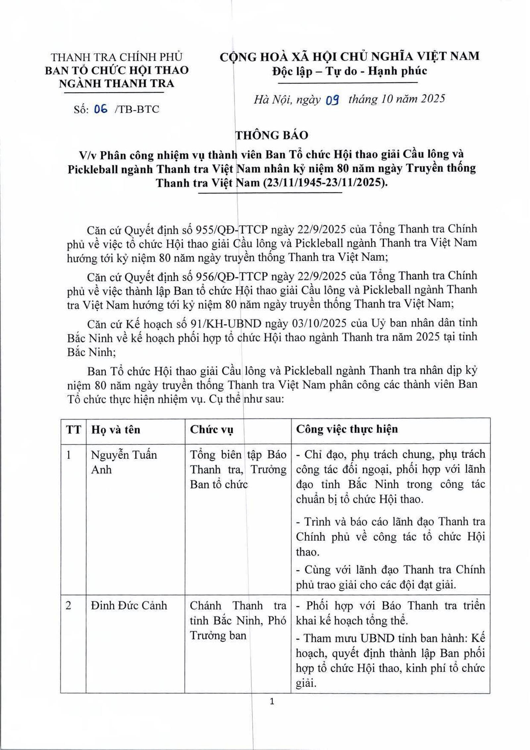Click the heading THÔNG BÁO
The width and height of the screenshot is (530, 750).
coord(272,135)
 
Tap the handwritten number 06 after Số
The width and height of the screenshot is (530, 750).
coord(101,109)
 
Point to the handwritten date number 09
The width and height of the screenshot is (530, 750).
coord(332,100)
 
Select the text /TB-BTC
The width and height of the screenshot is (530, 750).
coord(137,109)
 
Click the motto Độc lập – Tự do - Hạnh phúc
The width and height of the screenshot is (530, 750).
coord(349,71)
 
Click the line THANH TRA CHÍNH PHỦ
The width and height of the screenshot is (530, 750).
coord(117,57)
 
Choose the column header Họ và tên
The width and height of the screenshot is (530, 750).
coord(116,430)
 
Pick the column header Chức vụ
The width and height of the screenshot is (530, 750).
coord(211,430)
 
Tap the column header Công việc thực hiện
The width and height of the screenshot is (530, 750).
coord(347,429)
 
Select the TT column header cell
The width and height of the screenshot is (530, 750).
coord(73,430)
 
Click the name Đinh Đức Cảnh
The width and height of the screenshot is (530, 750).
coord(129,606)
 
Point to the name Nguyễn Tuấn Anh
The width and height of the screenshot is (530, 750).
coord(124,462)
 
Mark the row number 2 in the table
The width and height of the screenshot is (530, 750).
coord(69,606)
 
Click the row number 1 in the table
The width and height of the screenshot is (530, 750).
coord(69,455)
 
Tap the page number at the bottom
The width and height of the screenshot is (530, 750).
coord(272,701)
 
